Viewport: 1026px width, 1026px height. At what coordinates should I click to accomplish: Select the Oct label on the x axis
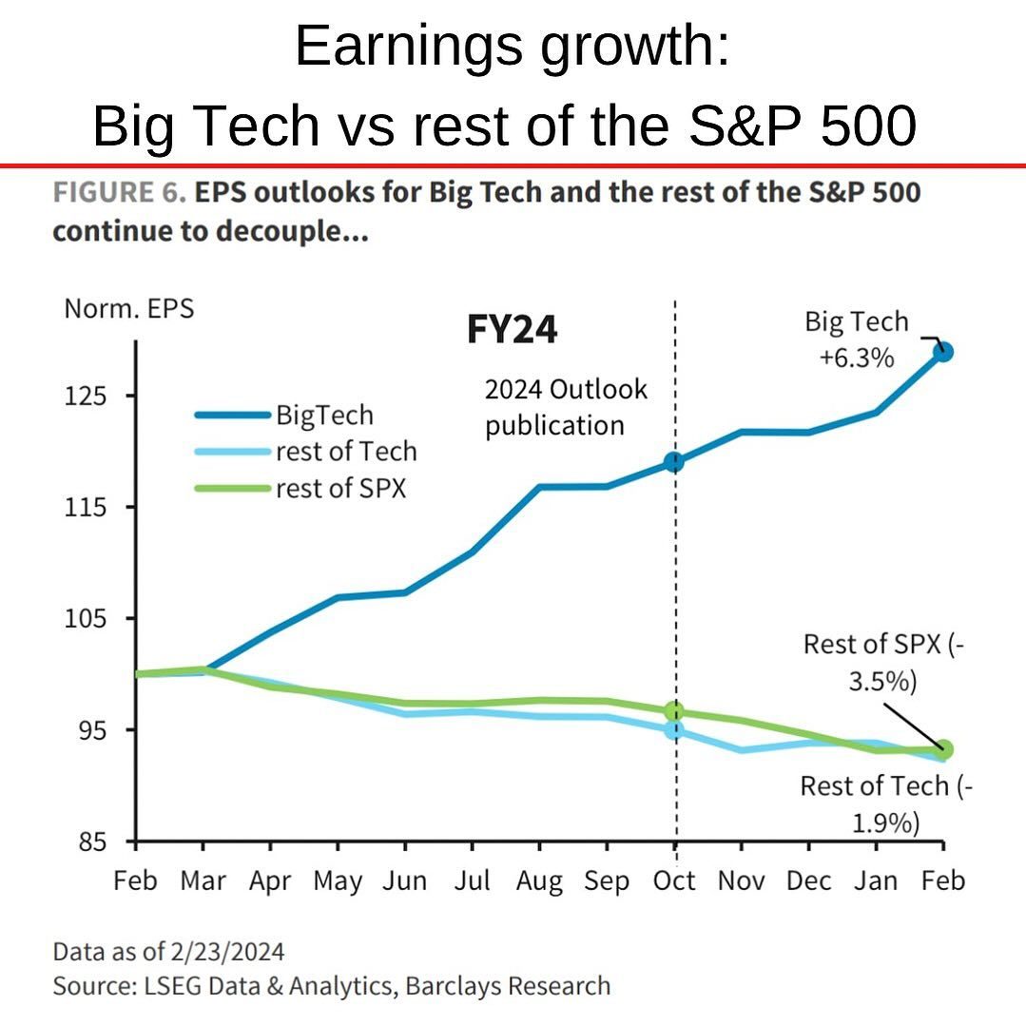click(x=674, y=881)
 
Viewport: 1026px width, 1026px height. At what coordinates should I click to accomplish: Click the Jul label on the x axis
click(x=472, y=881)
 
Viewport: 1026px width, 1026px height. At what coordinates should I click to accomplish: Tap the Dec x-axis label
click(x=808, y=881)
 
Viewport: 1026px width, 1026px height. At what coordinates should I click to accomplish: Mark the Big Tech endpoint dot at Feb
click(x=942, y=352)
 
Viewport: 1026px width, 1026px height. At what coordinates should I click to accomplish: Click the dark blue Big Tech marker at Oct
click(x=674, y=462)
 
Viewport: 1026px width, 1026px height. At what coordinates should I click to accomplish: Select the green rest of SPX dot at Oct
click(x=674, y=711)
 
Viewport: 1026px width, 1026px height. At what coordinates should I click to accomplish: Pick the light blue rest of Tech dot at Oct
click(x=674, y=730)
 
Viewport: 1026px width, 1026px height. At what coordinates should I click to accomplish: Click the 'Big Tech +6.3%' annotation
click(x=857, y=339)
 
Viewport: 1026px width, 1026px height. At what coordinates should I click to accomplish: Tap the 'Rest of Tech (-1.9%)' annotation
click(x=886, y=803)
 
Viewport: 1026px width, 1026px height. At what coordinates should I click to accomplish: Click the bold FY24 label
click(x=512, y=330)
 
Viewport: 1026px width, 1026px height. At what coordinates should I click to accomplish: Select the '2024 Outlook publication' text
click(x=566, y=407)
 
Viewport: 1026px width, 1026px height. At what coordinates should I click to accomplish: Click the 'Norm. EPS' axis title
click(x=128, y=309)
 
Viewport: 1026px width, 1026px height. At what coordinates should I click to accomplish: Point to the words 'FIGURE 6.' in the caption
click(x=118, y=193)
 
